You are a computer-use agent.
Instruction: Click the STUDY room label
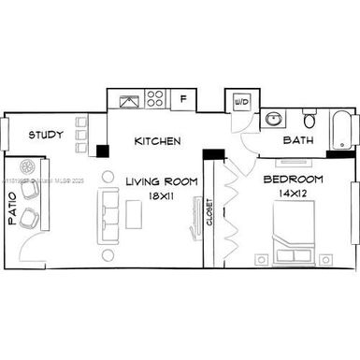pos(45,136)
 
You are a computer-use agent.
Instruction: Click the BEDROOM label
pos(293,179)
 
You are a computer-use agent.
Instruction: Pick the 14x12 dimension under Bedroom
pos(293,193)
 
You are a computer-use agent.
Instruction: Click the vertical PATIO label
pos(13,213)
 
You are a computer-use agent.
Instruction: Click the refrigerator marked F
pos(183,98)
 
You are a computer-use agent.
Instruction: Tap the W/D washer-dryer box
pos(240,100)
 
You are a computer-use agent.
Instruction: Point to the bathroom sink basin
pos(273,120)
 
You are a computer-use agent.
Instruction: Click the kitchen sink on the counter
pos(125,98)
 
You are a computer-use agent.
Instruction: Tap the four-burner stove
pos(155,98)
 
